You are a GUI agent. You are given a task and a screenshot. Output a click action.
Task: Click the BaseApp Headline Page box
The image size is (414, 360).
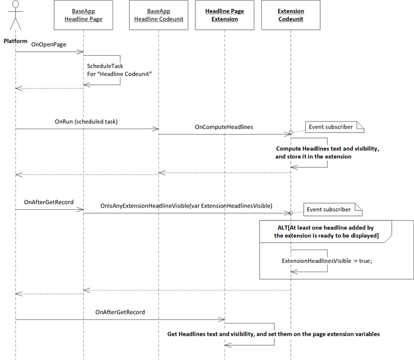(x=83, y=15)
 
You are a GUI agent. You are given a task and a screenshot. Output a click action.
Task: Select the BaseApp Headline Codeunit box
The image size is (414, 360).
(x=158, y=15)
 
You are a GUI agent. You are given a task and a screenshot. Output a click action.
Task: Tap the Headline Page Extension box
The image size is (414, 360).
(x=225, y=15)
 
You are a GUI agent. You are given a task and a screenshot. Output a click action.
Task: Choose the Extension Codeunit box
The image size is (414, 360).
(x=291, y=15)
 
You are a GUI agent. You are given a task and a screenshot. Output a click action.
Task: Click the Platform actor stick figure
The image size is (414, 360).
(x=15, y=15)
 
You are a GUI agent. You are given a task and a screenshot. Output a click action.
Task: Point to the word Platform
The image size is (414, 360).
(x=15, y=41)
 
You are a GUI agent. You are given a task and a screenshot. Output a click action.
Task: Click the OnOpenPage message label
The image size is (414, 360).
(x=49, y=44)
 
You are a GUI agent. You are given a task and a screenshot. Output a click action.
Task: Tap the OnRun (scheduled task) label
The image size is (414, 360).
(x=86, y=121)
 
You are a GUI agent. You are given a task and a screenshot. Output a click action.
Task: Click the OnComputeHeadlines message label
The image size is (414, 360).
(x=224, y=127)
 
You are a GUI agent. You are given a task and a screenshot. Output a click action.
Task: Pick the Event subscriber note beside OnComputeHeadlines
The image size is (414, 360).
(x=335, y=127)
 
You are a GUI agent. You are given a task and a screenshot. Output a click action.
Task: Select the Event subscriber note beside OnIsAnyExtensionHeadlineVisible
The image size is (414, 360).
(x=333, y=209)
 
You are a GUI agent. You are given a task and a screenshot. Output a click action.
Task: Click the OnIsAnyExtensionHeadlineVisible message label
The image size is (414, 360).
(x=186, y=206)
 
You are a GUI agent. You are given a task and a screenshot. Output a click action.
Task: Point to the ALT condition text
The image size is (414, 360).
(x=326, y=232)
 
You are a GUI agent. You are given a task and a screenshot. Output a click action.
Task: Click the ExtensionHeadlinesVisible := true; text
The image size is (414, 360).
(x=327, y=261)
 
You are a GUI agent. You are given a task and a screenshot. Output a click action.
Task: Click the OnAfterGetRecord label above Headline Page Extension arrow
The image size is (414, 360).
(x=120, y=312)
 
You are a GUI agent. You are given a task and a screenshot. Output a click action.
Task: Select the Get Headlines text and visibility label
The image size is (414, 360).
(x=274, y=334)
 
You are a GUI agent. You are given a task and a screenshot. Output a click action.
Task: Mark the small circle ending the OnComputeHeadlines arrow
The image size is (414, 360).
(x=291, y=133)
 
